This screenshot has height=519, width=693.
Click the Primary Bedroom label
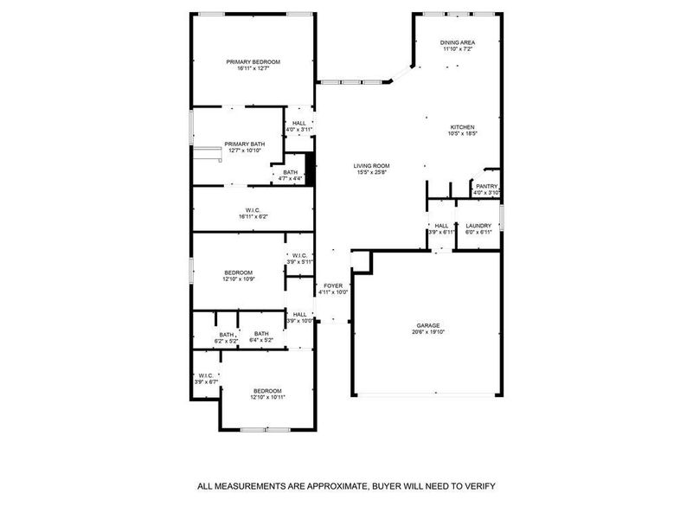(x=253, y=61)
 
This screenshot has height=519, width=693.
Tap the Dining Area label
(x=458, y=42)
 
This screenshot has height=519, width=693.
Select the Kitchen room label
(x=463, y=126)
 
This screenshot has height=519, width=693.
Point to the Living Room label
(x=371, y=166)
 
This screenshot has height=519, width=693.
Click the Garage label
(x=428, y=324)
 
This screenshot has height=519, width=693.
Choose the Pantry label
(x=486, y=186)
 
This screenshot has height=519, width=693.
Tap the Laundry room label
(x=478, y=226)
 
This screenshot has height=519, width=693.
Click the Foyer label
(x=333, y=285)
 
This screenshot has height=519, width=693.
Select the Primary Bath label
(x=245, y=144)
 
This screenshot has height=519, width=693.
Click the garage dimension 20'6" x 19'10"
(x=428, y=332)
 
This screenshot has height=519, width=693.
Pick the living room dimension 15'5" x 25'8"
(x=371, y=173)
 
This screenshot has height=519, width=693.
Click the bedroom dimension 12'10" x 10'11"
(x=267, y=397)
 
